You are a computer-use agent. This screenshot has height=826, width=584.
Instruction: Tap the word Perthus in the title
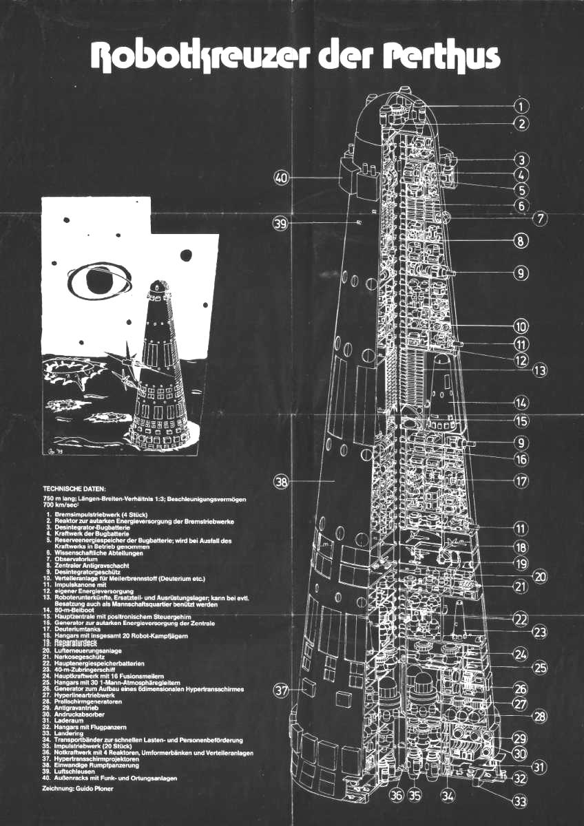coord(440,59)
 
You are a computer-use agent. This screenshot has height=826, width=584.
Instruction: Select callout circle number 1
coord(521,106)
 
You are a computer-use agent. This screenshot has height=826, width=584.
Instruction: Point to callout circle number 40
coord(280,178)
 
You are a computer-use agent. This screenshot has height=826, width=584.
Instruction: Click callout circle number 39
coord(280,224)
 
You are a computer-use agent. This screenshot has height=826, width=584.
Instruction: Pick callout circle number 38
coord(280,482)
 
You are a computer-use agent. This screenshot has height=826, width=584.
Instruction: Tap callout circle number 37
coord(280,690)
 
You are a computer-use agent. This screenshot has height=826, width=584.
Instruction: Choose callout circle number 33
coord(521,801)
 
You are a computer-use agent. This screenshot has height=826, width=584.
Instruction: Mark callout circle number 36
coord(396,796)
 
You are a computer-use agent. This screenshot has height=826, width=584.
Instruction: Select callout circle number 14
coord(521,402)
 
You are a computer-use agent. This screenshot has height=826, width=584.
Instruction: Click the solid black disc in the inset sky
coord(187,256)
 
